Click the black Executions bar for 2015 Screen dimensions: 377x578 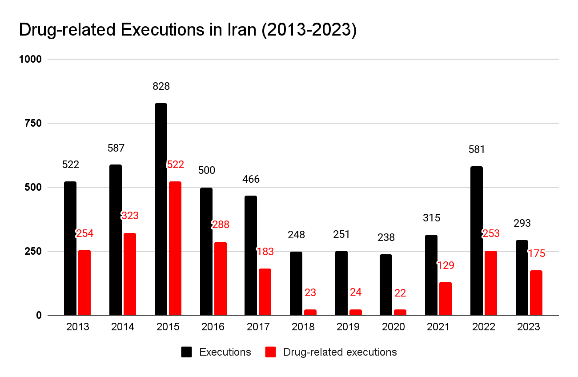tap(161, 209)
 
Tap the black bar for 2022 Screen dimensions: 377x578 tap(477, 241)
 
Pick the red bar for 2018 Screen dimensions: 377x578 tap(310, 312)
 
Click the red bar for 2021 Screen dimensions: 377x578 tap(446, 298)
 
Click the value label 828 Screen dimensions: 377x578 tap(161, 86)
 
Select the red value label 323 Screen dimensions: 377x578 tap(130, 216)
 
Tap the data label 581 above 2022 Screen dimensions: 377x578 tap(477, 149)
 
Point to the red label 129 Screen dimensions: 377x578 tap(446, 265)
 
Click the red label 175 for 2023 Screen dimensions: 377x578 tap(536, 253)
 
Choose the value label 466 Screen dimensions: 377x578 tap(251, 180)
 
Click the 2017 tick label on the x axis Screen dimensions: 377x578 tap(258, 327)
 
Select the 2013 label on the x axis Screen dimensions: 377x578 tap(77, 327)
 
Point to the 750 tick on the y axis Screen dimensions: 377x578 tap(32, 123)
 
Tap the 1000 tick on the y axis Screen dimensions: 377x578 tap(30, 59)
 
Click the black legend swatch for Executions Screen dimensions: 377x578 tap(187, 352)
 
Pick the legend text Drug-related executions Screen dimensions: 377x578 tap(340, 352)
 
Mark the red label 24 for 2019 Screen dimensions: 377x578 tap(356, 293)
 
